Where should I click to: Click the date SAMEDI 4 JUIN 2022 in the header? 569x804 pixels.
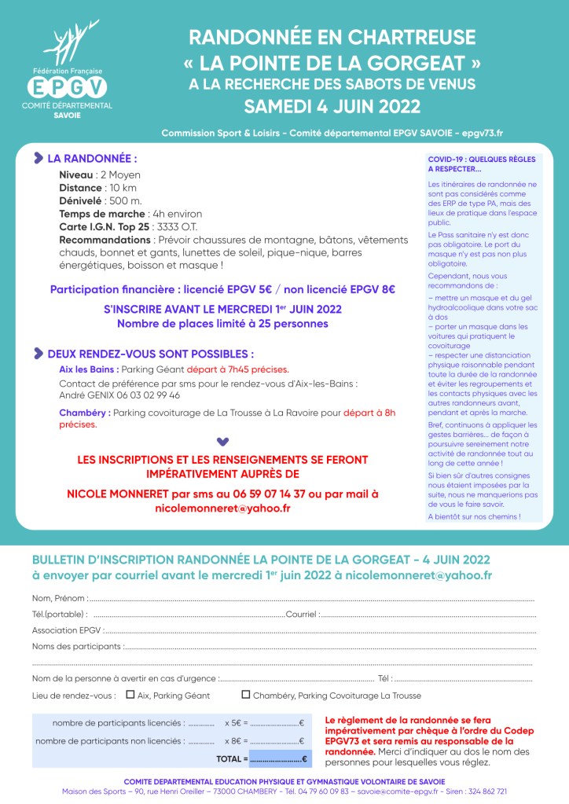pos(332,106)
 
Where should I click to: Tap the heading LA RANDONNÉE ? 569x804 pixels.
pos(93,158)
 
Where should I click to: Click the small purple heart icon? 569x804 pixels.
pos(222,441)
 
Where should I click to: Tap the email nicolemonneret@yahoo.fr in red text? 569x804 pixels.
pos(223,508)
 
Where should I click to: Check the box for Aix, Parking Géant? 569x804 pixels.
pos(131,695)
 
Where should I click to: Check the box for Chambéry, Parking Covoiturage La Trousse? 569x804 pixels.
pos(246,695)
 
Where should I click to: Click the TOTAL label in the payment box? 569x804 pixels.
pos(232,759)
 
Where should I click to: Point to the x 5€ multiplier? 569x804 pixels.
pos(236,723)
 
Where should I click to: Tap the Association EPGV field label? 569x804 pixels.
pos(67,630)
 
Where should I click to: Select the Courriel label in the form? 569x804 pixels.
pos(302,615)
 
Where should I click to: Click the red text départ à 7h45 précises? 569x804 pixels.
pos(245,369)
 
